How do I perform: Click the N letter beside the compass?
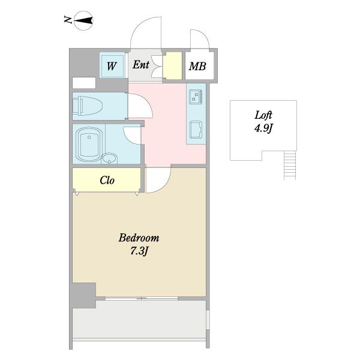click(67, 20)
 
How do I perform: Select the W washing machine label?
click(112, 66)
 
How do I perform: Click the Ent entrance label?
click(141, 65)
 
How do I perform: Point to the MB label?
click(197, 67)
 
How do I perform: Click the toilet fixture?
click(87, 106)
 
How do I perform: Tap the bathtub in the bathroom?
click(89, 144)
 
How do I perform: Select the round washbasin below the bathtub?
click(109, 158)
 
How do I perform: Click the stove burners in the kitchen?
click(196, 97)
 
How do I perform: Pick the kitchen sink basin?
click(196, 130)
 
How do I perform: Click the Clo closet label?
click(107, 180)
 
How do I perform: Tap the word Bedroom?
click(139, 238)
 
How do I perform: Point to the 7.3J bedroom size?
click(139, 251)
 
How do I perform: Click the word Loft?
click(263, 115)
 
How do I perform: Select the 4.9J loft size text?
click(263, 128)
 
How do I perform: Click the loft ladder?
click(290, 165)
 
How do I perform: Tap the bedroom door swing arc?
click(164, 186)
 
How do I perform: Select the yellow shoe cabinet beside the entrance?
click(172, 65)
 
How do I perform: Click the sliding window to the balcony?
click(142, 298)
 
